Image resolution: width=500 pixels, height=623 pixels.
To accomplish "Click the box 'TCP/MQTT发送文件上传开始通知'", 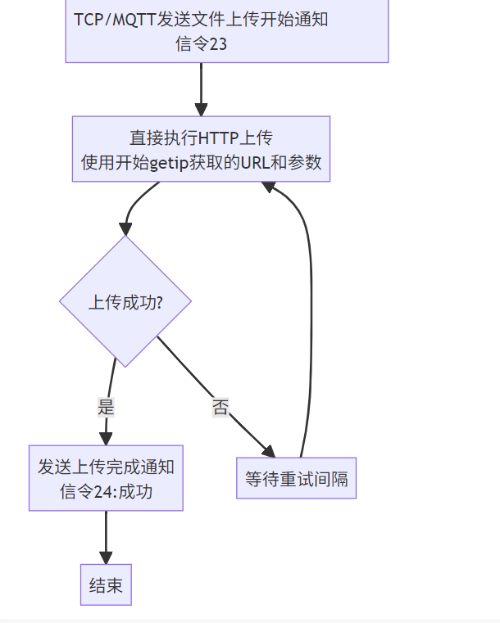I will [226, 30].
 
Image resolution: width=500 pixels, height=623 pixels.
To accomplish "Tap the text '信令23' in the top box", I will [201, 44].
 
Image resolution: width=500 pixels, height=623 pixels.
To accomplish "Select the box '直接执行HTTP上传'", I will [201, 148].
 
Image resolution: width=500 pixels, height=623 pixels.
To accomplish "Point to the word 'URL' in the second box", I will [255, 162].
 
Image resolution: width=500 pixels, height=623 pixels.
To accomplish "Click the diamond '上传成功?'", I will [125, 301].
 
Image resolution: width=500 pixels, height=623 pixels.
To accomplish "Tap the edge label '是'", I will [106, 407].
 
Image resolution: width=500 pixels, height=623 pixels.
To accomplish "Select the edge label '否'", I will [220, 408].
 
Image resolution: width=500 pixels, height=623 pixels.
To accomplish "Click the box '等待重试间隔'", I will [297, 478].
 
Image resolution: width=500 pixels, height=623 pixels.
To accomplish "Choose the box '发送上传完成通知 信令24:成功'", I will [106, 479].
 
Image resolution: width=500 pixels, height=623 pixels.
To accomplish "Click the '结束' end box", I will [106, 585].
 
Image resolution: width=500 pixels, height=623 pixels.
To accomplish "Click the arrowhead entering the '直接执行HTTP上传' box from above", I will [201, 110].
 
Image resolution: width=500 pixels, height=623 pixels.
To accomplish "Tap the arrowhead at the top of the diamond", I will [125, 228].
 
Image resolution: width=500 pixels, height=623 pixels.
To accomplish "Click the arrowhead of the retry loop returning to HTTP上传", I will [268, 187].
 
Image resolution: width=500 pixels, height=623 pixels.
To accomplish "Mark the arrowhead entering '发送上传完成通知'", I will [106, 439].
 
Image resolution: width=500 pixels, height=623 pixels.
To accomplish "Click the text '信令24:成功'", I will [106, 492].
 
